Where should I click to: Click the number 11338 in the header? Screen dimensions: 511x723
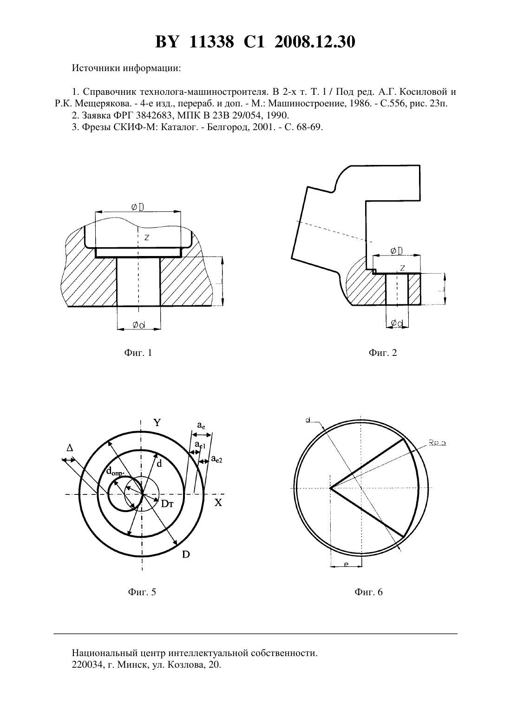pos(211,42)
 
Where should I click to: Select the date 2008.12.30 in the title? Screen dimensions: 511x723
pos(315,42)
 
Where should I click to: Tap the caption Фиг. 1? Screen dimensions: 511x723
pos(138,353)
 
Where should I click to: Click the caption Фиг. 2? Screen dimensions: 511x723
pos(383,353)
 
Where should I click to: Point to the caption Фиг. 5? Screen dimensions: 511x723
pos(142,592)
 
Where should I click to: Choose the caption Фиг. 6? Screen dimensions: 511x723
pos(368,592)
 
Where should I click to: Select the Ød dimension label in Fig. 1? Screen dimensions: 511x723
pos(139,324)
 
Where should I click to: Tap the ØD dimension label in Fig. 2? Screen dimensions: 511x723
pos(396,250)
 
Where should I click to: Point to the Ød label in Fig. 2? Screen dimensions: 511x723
pos(397,323)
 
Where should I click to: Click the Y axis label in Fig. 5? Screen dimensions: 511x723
pos(157,422)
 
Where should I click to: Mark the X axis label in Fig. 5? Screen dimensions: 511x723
pos(218,503)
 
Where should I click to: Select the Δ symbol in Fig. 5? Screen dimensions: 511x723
pos(70,447)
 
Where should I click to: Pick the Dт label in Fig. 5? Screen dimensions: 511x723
pos(167,504)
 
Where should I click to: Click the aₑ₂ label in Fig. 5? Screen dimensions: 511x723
pos(216,459)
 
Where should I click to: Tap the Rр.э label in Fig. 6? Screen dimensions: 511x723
pos(438,443)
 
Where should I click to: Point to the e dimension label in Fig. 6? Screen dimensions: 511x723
pos(346,564)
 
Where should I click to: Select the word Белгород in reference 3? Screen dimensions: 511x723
pos(225,127)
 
